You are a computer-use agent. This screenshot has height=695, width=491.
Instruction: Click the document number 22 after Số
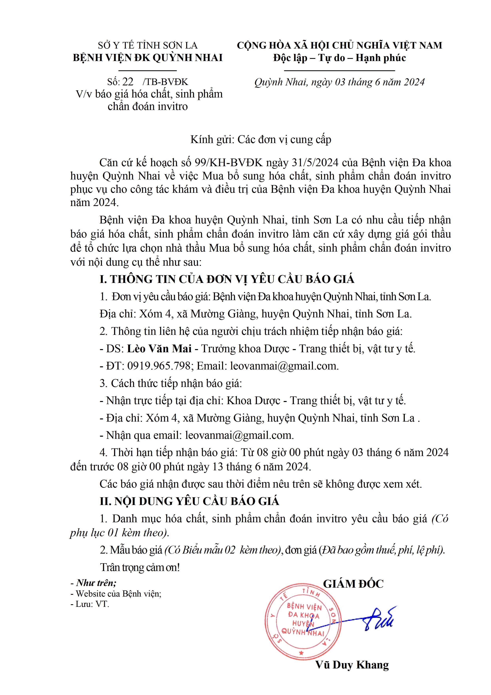[x=128, y=82]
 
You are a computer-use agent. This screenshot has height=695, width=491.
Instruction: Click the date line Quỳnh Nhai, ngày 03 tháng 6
[x=339, y=82]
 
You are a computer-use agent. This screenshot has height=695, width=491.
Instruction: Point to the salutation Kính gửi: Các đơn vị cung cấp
[x=261, y=139]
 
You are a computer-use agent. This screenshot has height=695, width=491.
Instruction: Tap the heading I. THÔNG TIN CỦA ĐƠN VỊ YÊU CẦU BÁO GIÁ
[x=227, y=279]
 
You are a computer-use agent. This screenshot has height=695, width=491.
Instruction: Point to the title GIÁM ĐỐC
[x=353, y=584]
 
